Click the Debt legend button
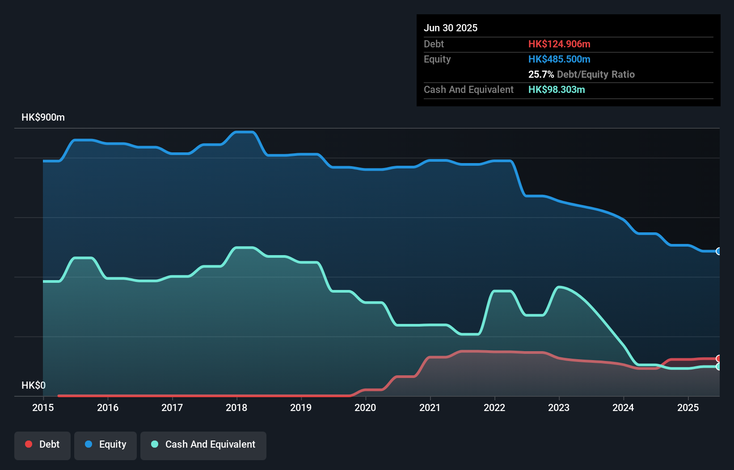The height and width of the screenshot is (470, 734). pos(42,445)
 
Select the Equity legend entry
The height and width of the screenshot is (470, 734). pos(105,445)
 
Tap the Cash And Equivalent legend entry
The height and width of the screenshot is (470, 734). pos(203,445)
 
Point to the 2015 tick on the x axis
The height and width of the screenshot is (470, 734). pos(43,407)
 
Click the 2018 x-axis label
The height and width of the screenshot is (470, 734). pos(236,407)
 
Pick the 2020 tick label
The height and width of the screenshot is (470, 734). pos(365,407)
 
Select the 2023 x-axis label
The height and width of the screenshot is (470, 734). pos(559,407)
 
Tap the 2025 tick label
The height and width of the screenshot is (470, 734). pos(688,407)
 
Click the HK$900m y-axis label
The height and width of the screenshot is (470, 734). pos(43,117)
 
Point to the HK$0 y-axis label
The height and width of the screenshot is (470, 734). pos(34,385)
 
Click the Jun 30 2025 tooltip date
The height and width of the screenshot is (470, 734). pos(451,28)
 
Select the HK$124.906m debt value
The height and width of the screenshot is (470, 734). pos(559,44)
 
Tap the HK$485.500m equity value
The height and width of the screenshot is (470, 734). pos(559,59)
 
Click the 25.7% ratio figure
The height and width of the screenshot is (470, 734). pos(541,74)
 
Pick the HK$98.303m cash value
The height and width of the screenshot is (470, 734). pos(557,89)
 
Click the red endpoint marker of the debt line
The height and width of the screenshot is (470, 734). pos(719,358)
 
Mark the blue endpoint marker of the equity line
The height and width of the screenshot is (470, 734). pos(719,251)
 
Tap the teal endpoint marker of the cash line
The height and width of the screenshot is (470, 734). pos(719,366)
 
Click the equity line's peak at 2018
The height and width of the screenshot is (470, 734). pos(245,132)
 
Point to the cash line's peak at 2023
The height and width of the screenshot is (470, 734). pos(559,287)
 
